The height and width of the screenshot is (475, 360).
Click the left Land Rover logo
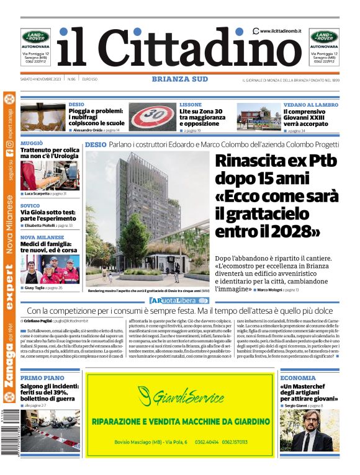pyautogui.click(x=35, y=37)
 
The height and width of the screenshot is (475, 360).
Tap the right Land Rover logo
pyautogui.click(x=324, y=37)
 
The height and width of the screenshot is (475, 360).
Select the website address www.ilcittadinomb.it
pyautogui.click(x=281, y=30)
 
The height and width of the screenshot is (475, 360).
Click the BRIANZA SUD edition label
pyautogui.click(x=180, y=79)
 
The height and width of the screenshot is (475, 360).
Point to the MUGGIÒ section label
pyautogui.click(x=32, y=143)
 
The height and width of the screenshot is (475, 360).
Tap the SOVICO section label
pyautogui.click(x=30, y=205)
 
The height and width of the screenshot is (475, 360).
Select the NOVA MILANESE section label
pyautogui.click(x=42, y=238)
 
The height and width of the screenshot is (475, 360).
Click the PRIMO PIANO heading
pyautogui.click(x=42, y=378)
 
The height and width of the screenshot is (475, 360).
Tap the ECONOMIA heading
pyautogui.click(x=298, y=378)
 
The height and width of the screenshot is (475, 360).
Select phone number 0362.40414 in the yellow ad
pyautogui.click(x=205, y=442)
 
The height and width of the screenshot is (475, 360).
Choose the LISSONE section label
pyautogui.click(x=191, y=105)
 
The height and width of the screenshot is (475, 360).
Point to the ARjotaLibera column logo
pyautogui.click(x=179, y=301)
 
